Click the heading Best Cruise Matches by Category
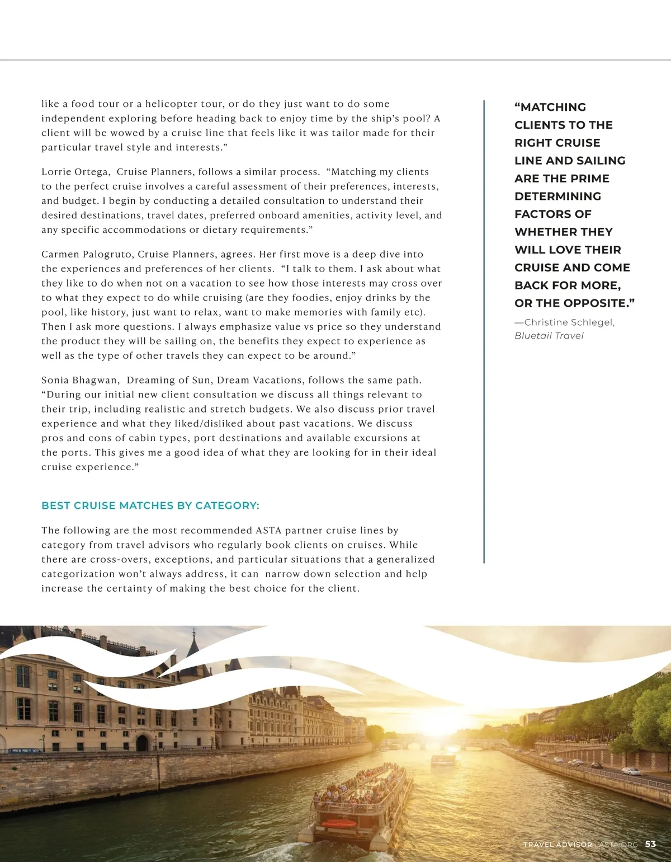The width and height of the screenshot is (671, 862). pos(150,505)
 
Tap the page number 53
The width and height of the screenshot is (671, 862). pos(650,844)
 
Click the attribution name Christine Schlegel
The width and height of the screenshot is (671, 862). pos(569,322)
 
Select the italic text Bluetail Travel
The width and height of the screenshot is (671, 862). pos(549,336)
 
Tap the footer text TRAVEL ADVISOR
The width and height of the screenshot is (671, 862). pos(557,844)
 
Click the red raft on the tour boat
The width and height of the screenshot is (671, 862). pos(338,824)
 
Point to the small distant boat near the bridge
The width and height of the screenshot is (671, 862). pos(442,760)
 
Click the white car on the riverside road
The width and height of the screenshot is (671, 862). pos(631,771)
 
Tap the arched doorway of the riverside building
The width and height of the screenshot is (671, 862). pos(142,743)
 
